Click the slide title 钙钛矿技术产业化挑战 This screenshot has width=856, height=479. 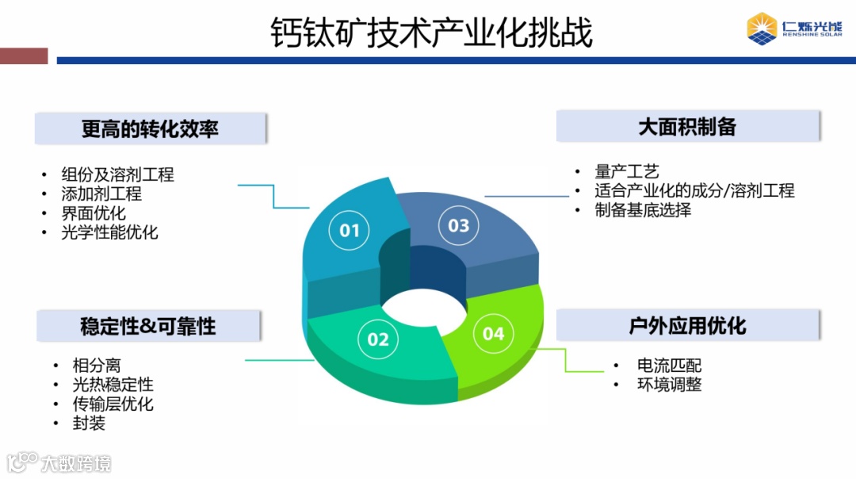click(x=431, y=33)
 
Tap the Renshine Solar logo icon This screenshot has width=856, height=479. click(x=762, y=28)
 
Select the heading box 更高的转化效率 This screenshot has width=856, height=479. click(x=150, y=128)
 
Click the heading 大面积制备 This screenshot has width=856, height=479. click(x=687, y=126)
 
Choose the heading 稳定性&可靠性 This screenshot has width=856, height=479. click(x=148, y=326)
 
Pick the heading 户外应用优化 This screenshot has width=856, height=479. click(x=687, y=325)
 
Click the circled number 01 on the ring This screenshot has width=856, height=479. click(x=350, y=230)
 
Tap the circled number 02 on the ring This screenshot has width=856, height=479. click(x=378, y=339)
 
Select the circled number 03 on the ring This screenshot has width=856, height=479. click(x=459, y=225)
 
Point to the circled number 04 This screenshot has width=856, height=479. click(x=494, y=334)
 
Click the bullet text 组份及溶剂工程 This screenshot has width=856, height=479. click(x=117, y=174)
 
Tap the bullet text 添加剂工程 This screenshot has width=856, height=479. click(x=101, y=194)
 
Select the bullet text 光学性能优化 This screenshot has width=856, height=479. click(x=109, y=232)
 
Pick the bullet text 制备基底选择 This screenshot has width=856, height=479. click(x=643, y=210)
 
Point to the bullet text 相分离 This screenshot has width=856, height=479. click(x=97, y=366)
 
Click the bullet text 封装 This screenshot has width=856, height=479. click(x=89, y=423)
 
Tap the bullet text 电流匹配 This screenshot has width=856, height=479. click(x=669, y=366)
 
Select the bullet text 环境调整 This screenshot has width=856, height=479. click(x=669, y=385)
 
